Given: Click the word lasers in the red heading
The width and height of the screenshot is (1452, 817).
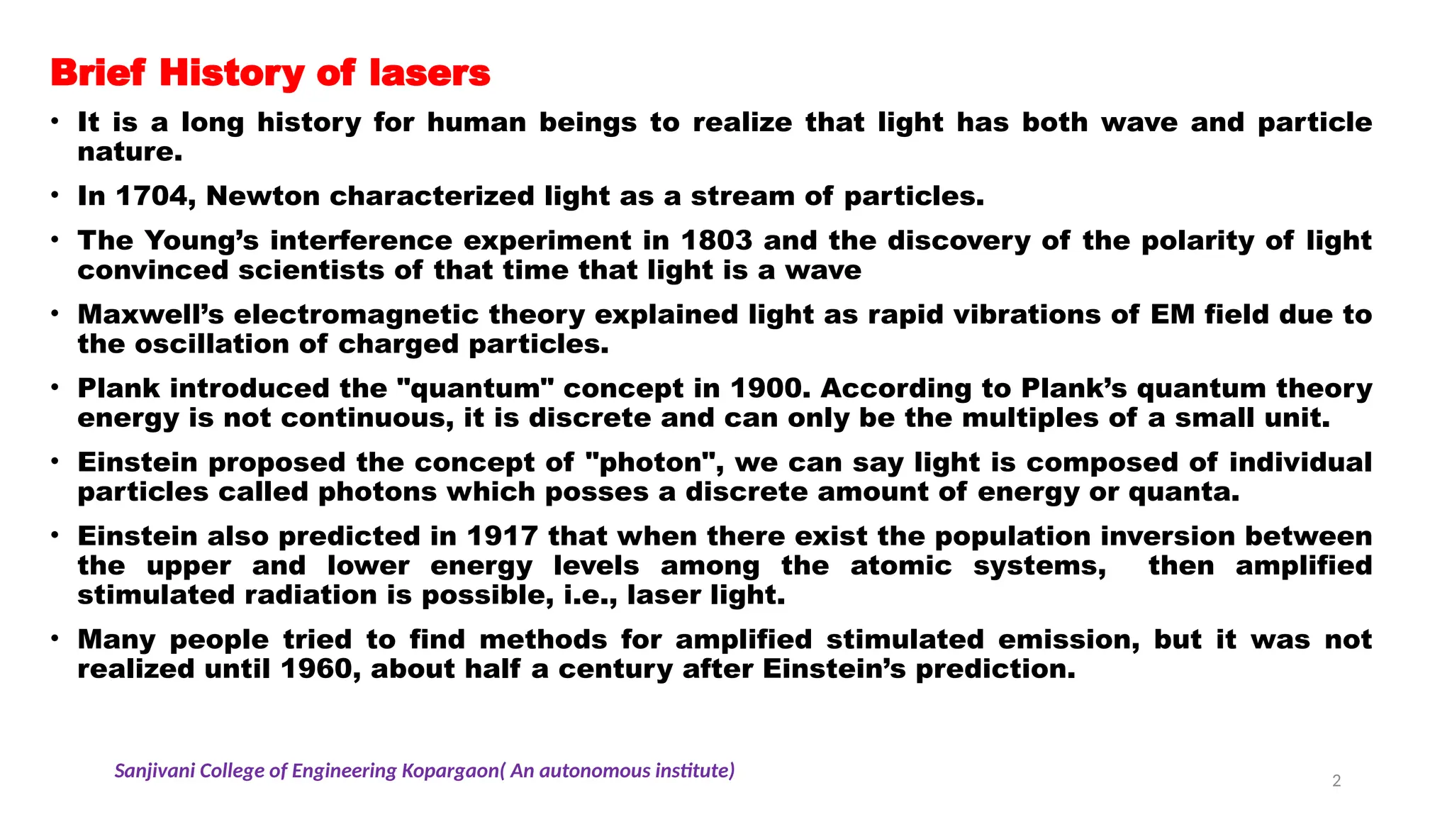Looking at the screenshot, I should point(430,73).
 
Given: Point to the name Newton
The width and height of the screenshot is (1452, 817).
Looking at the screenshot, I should point(262,196).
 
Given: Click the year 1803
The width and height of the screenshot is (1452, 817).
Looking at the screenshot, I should point(716,241).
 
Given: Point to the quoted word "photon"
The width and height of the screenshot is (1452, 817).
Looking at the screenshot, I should point(651,462).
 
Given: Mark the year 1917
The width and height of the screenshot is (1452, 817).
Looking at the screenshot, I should point(502,536).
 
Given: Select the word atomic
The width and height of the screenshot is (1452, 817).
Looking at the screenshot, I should point(901,566).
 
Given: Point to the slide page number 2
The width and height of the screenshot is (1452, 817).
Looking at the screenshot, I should point(1336,782).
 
